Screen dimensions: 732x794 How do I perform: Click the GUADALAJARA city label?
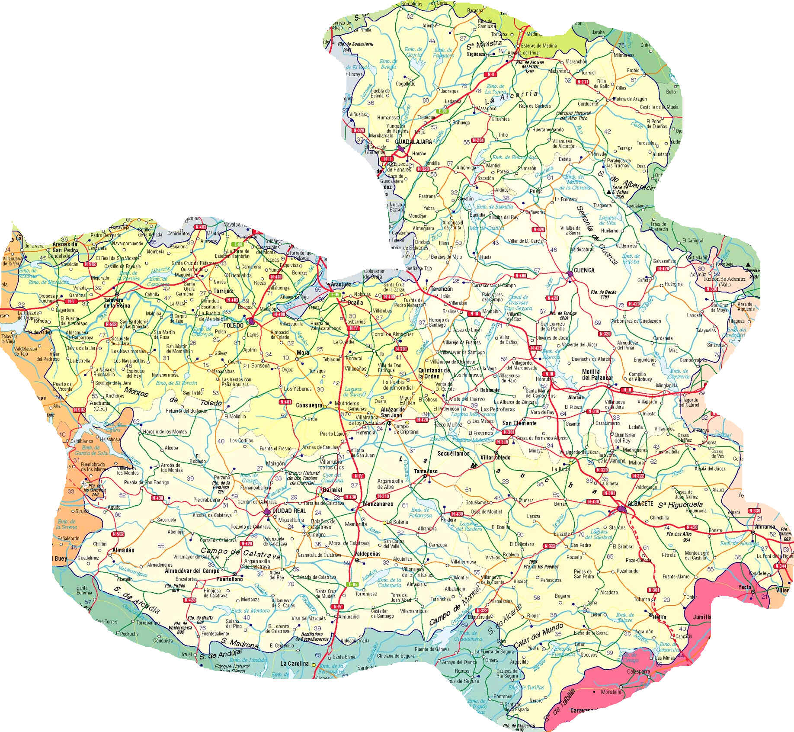point(413,142)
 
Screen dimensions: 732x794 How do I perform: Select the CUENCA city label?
point(584,270)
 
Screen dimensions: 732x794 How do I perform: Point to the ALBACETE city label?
point(640,504)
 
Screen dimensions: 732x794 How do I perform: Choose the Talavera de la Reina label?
point(113,302)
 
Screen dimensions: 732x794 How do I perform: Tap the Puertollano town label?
point(229,579)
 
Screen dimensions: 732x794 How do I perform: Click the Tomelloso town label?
point(426,471)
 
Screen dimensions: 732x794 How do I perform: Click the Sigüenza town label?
point(477,55)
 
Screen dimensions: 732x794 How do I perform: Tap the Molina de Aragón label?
point(630,99)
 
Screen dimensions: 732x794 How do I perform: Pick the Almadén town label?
point(123,550)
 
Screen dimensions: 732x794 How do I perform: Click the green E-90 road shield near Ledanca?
point(442,111)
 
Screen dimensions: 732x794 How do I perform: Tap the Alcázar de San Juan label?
point(393,412)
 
